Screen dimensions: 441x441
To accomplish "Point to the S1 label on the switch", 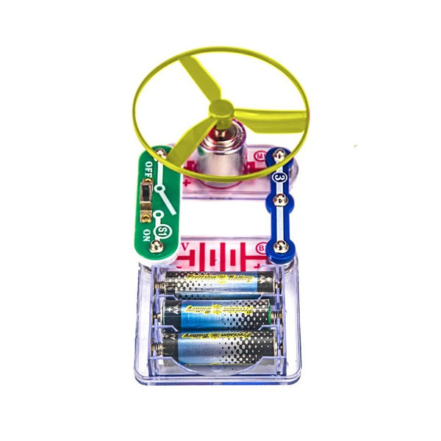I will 163,234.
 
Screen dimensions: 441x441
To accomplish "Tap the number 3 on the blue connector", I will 279,177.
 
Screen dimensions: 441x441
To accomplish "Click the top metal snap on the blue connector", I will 279,156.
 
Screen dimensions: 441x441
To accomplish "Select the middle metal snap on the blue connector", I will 279,201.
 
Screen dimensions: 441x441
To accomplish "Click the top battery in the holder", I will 217,283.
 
